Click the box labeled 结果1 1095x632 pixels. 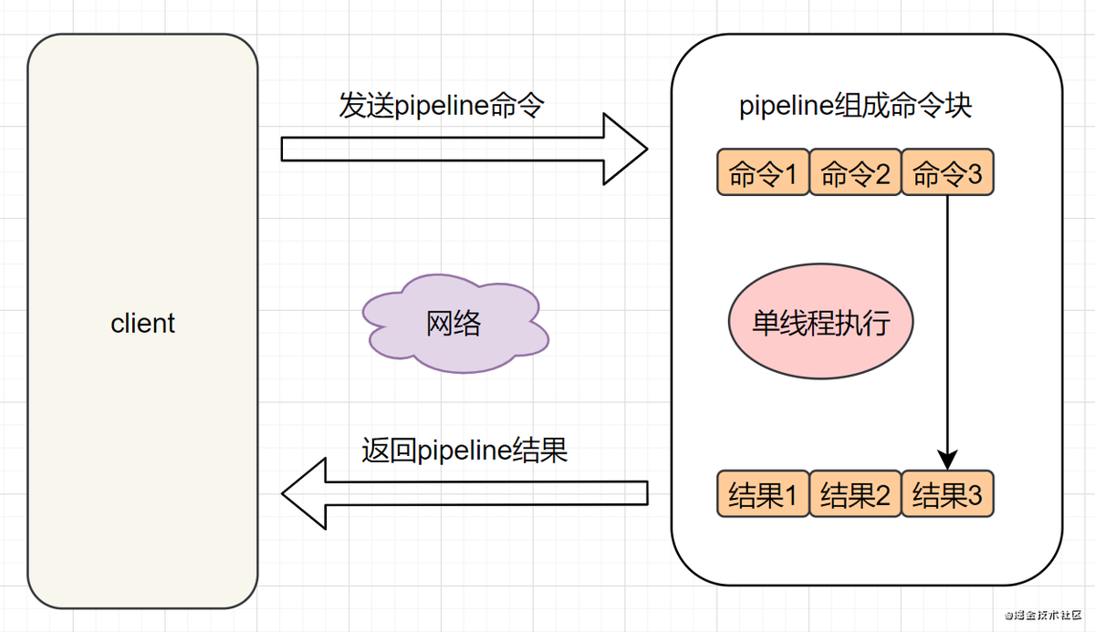(764, 495)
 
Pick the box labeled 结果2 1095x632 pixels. (855, 495)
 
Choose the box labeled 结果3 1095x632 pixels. (947, 495)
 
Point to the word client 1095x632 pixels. (142, 323)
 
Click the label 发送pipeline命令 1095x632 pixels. (442, 106)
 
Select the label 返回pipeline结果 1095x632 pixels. (464, 451)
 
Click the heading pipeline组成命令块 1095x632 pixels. (855, 106)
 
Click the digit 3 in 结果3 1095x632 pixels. (974, 495)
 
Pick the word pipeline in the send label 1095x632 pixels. (442, 106)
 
